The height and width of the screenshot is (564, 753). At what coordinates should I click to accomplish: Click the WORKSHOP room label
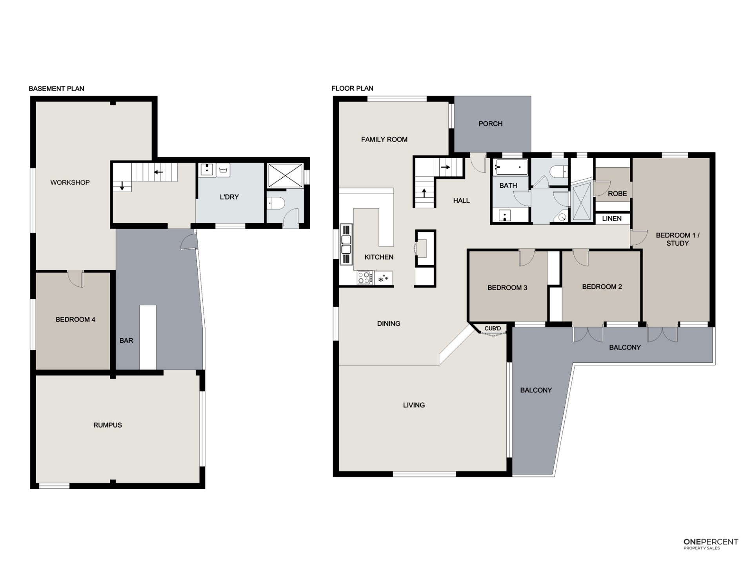[70, 183]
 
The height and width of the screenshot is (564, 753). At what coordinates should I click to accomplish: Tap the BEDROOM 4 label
[75, 320]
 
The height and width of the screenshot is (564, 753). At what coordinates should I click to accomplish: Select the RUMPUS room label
[107, 425]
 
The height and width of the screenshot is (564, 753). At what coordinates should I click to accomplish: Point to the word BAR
[126, 341]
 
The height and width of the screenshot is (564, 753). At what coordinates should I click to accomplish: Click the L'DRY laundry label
[229, 197]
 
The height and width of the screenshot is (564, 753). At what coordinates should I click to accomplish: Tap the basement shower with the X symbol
[285, 176]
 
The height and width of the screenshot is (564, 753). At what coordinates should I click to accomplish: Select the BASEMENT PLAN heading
[56, 89]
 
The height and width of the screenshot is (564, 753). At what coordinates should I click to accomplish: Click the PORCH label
[490, 124]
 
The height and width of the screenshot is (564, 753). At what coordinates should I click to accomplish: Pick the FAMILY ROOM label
[384, 139]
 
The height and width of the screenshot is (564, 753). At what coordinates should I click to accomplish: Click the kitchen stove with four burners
[365, 278]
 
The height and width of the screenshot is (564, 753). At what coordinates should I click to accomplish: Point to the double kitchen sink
[346, 245]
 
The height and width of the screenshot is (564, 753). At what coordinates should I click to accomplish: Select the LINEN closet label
[612, 219]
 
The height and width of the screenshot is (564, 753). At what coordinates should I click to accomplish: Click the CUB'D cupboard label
[493, 329]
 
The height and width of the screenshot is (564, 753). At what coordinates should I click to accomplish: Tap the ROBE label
[617, 193]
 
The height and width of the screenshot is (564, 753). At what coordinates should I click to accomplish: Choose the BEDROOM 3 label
[507, 288]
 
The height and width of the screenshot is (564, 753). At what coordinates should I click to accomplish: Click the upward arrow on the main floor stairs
[424, 193]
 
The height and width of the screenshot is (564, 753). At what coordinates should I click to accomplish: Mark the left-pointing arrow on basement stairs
[158, 172]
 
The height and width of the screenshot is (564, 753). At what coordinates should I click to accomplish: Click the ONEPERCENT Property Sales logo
[711, 544]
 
